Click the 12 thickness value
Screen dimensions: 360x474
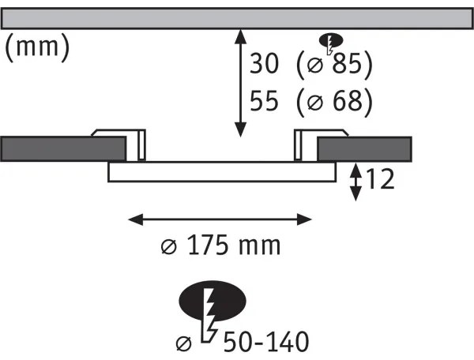click(380, 181)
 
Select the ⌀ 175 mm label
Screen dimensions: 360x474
click(220, 246)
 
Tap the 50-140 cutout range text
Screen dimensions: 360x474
click(265, 342)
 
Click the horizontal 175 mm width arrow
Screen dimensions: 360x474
click(220, 216)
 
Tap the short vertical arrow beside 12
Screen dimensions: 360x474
click(357, 181)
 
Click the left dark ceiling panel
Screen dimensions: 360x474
click(62, 148)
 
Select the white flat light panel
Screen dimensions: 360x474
click(222, 171)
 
